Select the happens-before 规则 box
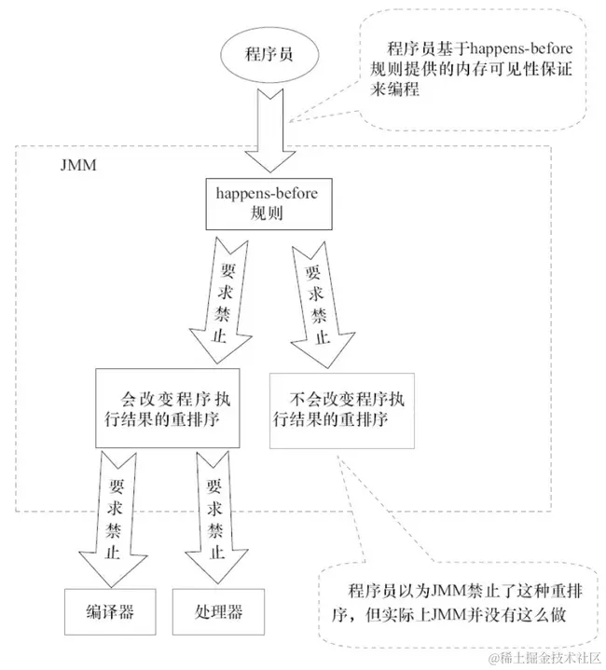pyautogui.click(x=267, y=203)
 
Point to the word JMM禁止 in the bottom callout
pyautogui.click(x=453, y=595)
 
